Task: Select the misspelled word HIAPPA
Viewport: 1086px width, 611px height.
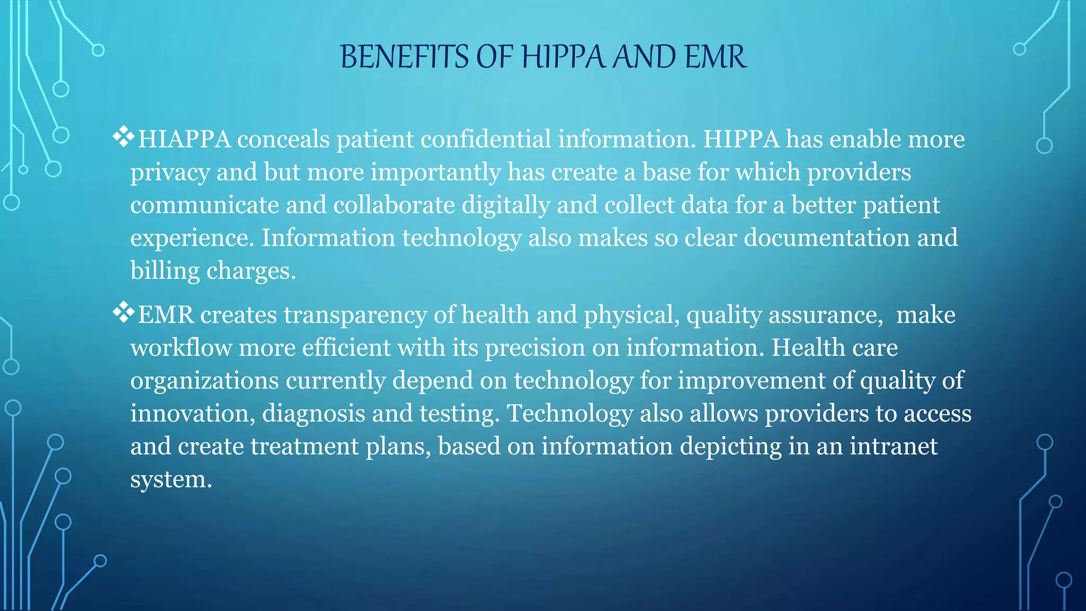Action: pyautogui.click(x=184, y=139)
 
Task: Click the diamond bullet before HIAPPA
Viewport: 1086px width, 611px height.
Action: pyautogui.click(x=123, y=137)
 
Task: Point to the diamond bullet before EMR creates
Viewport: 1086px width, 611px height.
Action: pyautogui.click(x=123, y=312)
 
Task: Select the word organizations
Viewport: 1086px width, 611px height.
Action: pyautogui.click(x=205, y=381)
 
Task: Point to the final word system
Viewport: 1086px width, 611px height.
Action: pyautogui.click(x=171, y=480)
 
